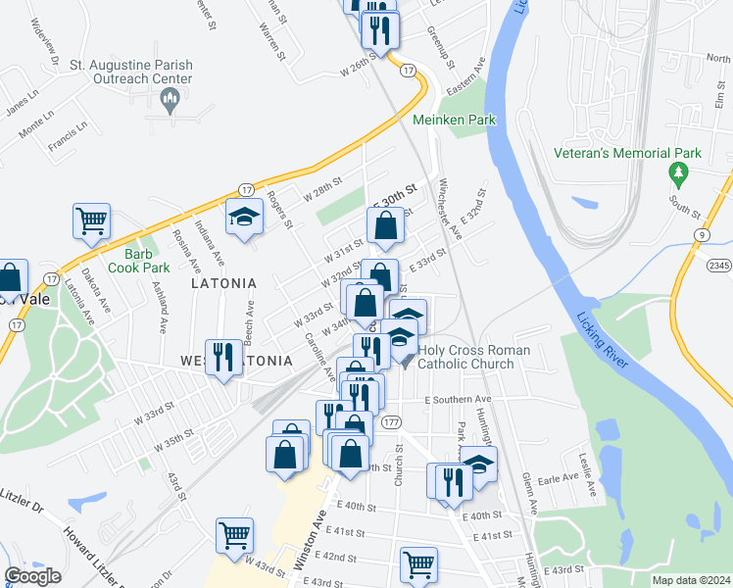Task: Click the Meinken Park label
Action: coord(454,120)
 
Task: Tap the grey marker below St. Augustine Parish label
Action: coord(171,96)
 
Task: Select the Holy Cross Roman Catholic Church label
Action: coord(473,357)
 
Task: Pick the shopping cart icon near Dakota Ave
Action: coord(92,220)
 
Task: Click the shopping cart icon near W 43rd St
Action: coord(235,535)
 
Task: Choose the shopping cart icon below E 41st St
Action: coord(418,563)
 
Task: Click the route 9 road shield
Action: coord(703,234)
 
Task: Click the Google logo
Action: coord(32,576)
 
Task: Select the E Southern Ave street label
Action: coord(458,400)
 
